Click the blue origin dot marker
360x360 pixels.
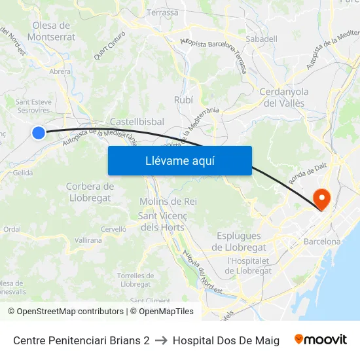[39, 133]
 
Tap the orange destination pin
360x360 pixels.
[322, 198]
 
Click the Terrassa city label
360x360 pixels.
[162, 12]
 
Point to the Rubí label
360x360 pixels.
[184, 99]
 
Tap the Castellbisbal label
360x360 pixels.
[137, 122]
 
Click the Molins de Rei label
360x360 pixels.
[168, 201]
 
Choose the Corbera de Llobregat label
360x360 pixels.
[90, 192]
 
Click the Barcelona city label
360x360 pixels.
[322, 242]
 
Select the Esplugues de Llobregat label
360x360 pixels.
[239, 242]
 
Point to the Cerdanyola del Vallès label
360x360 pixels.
[284, 97]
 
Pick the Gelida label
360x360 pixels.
[22, 173]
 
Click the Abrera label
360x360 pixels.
[60, 72]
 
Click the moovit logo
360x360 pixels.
[320, 340]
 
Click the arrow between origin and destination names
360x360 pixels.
[161, 340]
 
